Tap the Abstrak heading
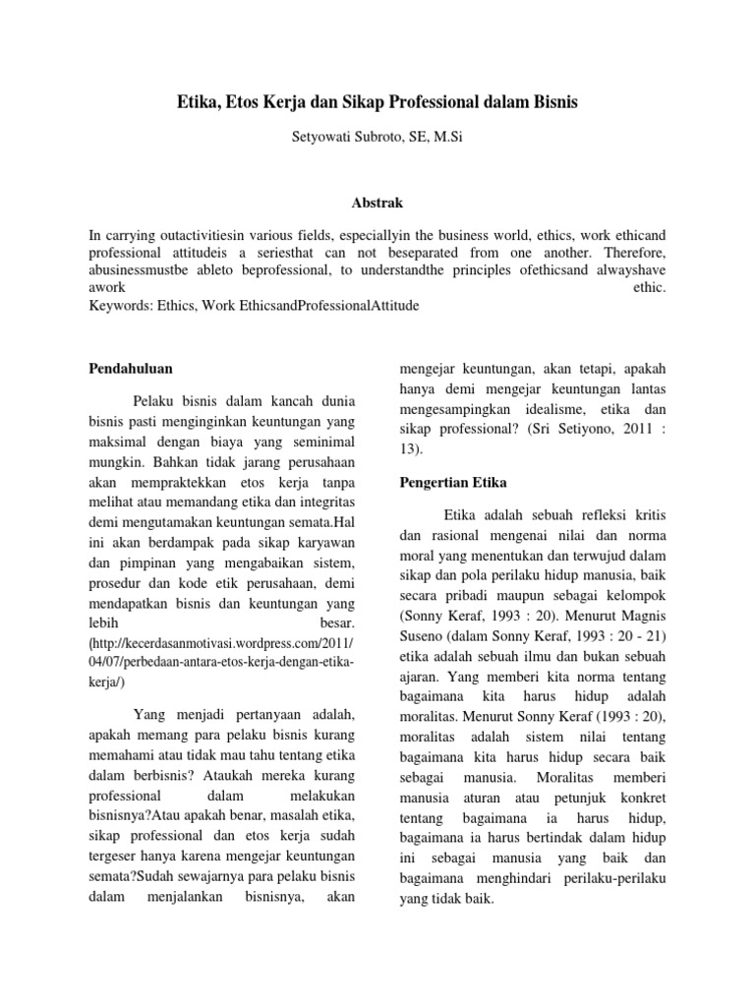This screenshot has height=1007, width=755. (x=377, y=203)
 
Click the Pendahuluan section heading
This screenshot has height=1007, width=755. (x=131, y=369)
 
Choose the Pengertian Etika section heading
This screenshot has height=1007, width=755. (x=452, y=483)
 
